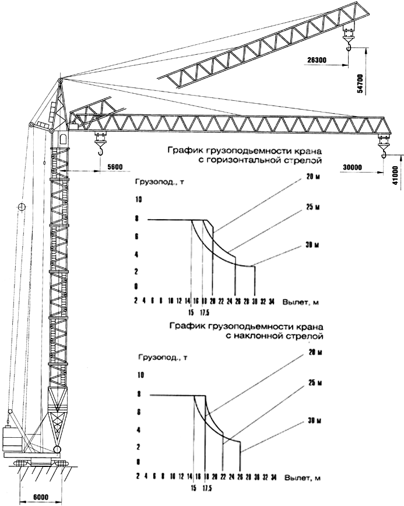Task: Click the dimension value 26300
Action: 315,59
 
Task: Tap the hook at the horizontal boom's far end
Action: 384,152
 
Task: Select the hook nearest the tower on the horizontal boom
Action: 100,150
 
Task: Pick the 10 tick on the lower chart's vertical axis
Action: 139,375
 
